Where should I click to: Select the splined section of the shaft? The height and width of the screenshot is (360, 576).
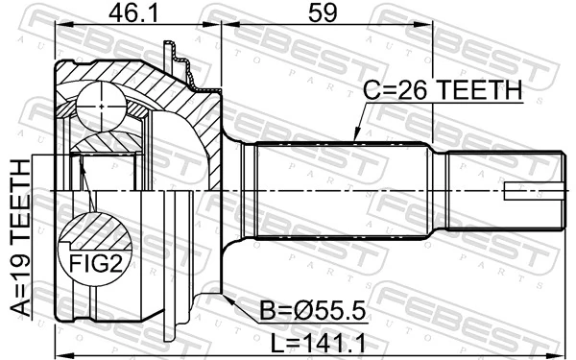pos(341,192)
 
